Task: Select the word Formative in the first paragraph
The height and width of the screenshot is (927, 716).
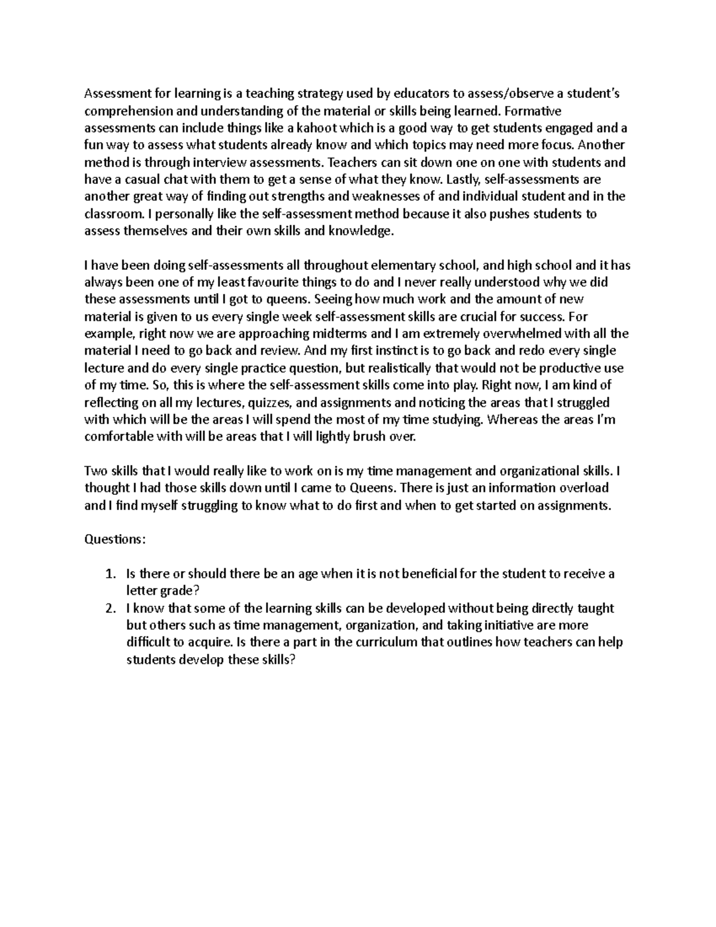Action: point(538,110)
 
